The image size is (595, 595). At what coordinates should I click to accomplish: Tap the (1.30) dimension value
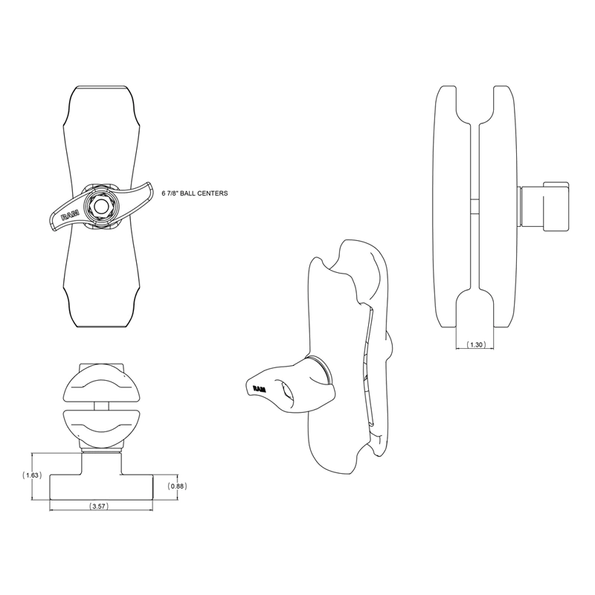(x=475, y=345)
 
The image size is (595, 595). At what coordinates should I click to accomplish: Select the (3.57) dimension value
(x=98, y=506)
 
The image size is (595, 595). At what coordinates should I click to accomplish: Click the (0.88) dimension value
(x=176, y=486)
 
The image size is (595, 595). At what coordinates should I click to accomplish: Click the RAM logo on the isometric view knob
(x=260, y=388)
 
